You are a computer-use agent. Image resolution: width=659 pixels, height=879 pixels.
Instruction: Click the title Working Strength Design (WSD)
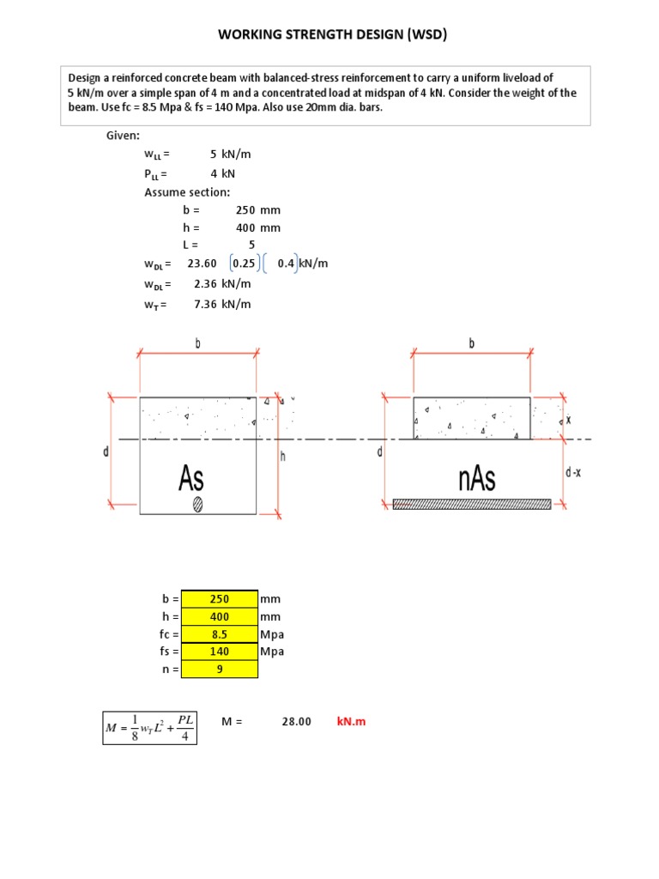(x=333, y=35)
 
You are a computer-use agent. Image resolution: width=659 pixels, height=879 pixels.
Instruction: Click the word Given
(x=124, y=136)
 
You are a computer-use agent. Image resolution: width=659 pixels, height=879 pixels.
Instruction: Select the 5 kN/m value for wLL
(x=230, y=155)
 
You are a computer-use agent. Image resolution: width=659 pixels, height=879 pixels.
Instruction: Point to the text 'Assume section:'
(x=187, y=191)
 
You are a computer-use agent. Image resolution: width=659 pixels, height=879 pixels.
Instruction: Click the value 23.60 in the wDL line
(x=202, y=264)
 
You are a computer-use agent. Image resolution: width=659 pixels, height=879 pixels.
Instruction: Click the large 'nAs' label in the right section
(x=476, y=478)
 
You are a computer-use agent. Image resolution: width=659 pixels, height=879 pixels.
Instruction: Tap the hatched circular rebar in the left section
(x=198, y=505)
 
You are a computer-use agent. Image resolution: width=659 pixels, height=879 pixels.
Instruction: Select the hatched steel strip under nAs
(x=471, y=505)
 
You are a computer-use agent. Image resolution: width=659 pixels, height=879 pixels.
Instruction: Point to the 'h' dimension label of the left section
(x=282, y=458)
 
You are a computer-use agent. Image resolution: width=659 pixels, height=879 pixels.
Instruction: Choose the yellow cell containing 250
(x=220, y=599)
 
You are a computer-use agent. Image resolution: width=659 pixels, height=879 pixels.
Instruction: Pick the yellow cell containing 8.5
(x=220, y=634)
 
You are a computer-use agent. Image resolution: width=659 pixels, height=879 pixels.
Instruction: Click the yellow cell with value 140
(x=220, y=652)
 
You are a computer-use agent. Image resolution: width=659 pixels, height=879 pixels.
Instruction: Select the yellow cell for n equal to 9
(x=220, y=670)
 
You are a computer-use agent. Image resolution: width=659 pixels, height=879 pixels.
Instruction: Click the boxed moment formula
(x=150, y=726)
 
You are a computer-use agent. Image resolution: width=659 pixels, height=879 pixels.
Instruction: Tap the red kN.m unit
(x=351, y=722)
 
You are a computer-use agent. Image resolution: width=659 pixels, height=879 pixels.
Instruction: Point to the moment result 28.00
(x=296, y=722)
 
